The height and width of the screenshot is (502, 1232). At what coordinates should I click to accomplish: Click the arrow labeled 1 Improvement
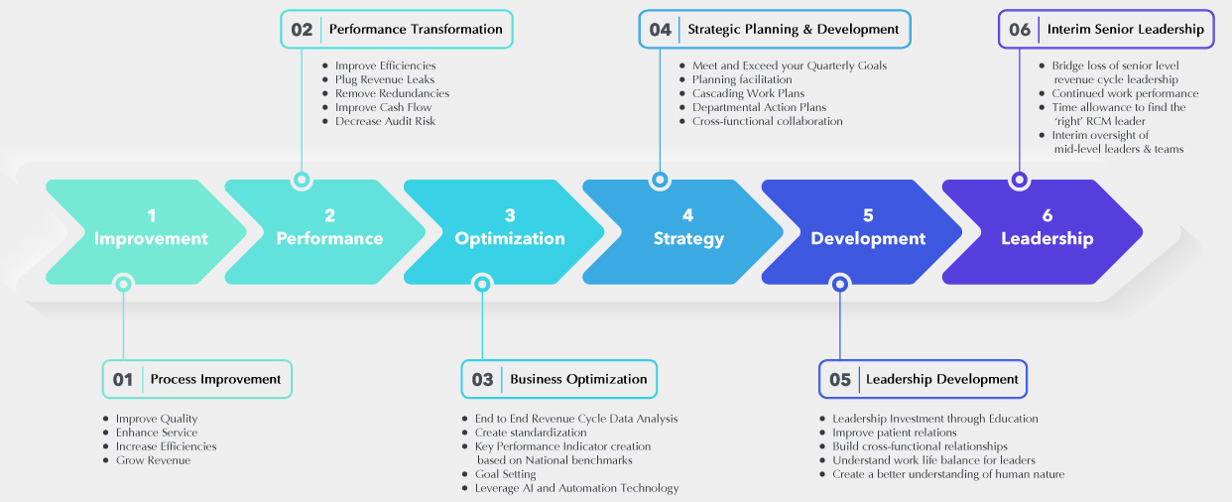click(149, 228)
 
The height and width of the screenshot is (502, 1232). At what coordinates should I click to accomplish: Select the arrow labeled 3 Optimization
click(508, 228)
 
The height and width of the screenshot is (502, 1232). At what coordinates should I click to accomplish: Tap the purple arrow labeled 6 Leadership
click(1046, 228)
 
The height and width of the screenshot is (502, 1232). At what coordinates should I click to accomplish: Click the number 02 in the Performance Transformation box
click(302, 30)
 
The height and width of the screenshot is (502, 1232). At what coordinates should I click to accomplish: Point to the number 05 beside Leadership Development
click(840, 380)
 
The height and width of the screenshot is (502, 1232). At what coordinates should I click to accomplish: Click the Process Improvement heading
click(215, 379)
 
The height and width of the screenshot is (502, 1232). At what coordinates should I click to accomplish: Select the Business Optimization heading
click(578, 379)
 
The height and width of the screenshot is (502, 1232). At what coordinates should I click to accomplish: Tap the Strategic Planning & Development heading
click(794, 30)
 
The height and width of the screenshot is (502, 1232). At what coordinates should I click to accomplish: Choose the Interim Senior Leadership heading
click(1125, 30)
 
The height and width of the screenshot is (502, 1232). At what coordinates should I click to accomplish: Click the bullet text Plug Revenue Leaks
click(385, 79)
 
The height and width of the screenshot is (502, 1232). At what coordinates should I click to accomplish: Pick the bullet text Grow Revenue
click(153, 460)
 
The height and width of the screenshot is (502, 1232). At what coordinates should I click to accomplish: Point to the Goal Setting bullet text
click(505, 474)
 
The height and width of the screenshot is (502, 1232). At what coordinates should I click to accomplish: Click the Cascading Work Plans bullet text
click(748, 93)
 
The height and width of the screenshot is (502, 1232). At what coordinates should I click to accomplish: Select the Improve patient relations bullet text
click(894, 433)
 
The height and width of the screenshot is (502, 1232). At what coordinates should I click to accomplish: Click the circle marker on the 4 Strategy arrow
click(660, 181)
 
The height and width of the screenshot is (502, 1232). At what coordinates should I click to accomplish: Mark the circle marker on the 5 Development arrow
click(840, 284)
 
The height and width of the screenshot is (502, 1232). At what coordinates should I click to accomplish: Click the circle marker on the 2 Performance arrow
click(302, 181)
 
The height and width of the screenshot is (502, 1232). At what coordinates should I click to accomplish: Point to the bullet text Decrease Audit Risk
click(385, 121)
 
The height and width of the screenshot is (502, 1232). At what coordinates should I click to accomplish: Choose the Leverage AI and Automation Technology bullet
click(576, 488)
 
